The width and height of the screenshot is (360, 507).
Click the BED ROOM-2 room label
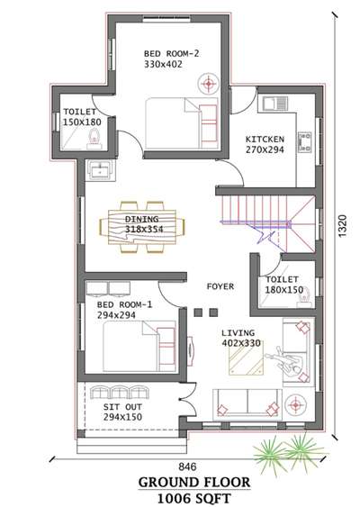[171, 53]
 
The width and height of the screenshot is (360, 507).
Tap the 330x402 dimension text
[163, 64]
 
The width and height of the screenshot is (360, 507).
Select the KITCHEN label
[265, 140]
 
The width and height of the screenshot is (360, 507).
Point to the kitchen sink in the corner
[274, 104]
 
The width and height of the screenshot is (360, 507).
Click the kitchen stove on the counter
[305, 142]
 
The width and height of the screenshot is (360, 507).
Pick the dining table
[142, 227]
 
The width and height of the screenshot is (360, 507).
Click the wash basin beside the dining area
[100, 170]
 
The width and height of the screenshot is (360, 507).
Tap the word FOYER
[220, 286]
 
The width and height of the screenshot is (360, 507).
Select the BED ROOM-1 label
[124, 304]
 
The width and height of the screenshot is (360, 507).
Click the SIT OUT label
[122, 407]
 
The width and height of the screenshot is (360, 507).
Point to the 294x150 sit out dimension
[122, 417]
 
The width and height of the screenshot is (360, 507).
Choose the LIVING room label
[238, 332]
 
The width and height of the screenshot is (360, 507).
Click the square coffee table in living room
[247, 358]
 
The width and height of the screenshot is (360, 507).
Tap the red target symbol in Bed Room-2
[209, 84]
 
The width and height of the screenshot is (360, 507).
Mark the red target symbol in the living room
[295, 405]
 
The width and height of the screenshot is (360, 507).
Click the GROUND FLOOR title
[194, 483]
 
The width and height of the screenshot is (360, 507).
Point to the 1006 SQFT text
[194, 498]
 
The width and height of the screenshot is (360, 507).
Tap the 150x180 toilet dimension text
[82, 122]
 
